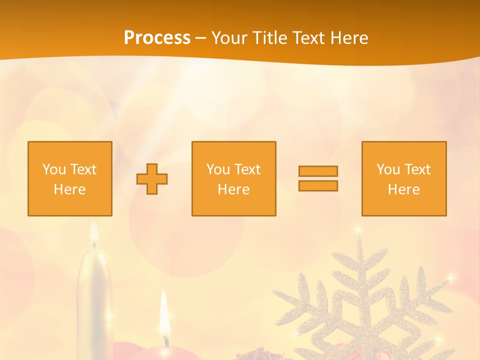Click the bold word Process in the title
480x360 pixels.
pyautogui.click(x=157, y=38)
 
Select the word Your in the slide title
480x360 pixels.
pyautogui.click(x=230, y=38)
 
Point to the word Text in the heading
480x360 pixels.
pyautogui.click(x=309, y=38)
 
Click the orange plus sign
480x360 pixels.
pyautogui.click(x=152, y=179)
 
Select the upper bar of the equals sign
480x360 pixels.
pyautogui.click(x=318, y=171)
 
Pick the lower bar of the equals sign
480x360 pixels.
pyautogui.click(x=318, y=185)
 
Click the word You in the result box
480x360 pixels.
pyautogui.click(x=388, y=169)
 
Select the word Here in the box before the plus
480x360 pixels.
pyautogui.click(x=69, y=189)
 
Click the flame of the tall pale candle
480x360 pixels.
pyautogui.click(x=93, y=235)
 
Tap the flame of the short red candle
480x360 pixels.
pyautogui.click(x=163, y=312)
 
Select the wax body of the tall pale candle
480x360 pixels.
pyautogui.click(x=94, y=300)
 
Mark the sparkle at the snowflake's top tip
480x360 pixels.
pyautogui.click(x=358, y=229)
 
